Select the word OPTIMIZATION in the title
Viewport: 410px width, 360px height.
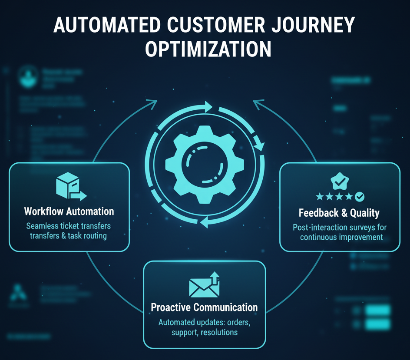[208, 50]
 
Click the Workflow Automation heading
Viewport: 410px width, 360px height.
[69, 211]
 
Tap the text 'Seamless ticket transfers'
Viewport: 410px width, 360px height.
[69, 226]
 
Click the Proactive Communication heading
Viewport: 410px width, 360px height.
[204, 307]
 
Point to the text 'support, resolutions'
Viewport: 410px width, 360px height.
[204, 332]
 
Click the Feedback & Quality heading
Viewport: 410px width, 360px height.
[339, 213]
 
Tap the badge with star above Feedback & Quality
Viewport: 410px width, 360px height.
[339, 181]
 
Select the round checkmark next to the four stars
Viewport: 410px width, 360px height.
[360, 197]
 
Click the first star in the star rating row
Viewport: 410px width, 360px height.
[320, 197]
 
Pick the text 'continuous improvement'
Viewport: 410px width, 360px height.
[341, 237]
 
